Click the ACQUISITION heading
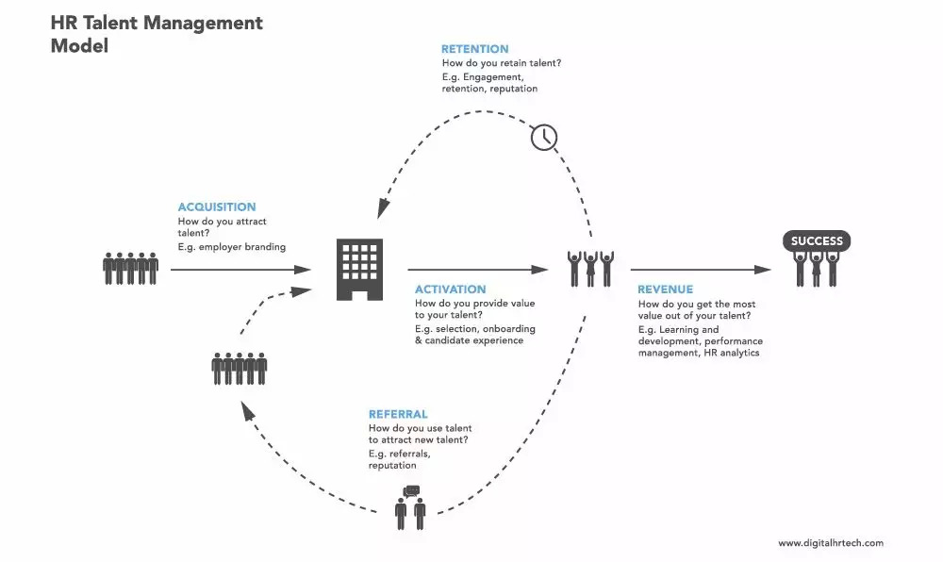(217, 207)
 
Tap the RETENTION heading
(474, 49)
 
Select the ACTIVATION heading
(451, 289)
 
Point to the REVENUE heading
(665, 289)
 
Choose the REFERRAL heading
(398, 414)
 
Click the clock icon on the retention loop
(544, 137)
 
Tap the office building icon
(359, 269)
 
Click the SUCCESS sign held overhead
(817, 240)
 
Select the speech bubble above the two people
(410, 490)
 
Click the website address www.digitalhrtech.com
(831, 542)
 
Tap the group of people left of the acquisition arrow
(130, 269)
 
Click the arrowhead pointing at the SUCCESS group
(765, 270)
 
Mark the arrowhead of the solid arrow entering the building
(304, 270)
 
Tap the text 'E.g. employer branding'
(231, 247)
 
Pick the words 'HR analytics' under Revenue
(730, 353)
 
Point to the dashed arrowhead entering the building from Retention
(382, 207)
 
